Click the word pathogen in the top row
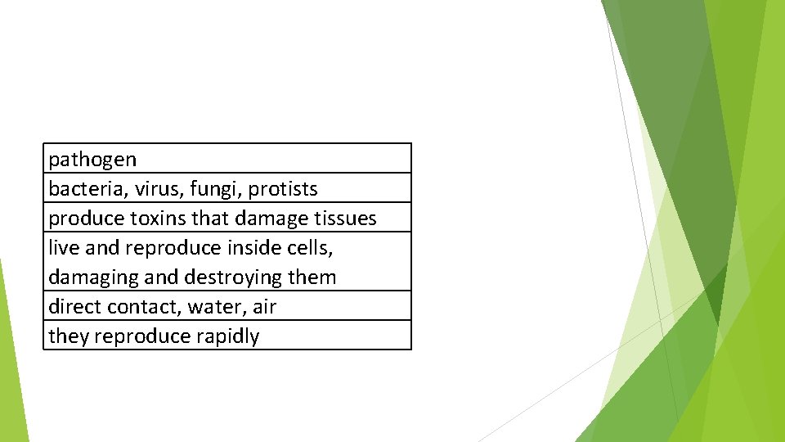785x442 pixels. tap(92, 160)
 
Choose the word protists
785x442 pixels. tap(283, 189)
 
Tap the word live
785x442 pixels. tap(62, 247)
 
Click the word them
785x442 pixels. tap(312, 277)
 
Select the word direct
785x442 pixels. tap(74, 307)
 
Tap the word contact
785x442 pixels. tap(143, 307)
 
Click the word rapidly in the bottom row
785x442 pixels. tap(227, 336)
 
